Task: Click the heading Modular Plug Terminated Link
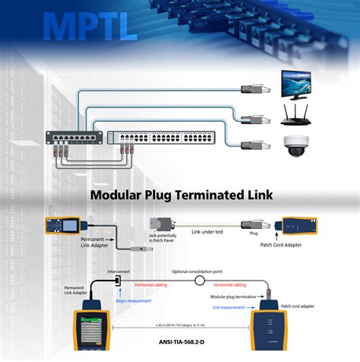point(182,195)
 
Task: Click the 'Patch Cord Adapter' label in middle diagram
point(296,245)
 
